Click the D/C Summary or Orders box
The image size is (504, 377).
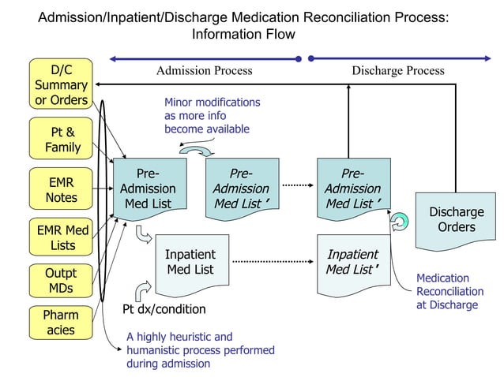coord(61,84)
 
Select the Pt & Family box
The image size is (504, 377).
coord(61,140)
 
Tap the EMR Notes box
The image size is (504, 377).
coord(61,189)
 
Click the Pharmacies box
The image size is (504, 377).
coord(61,323)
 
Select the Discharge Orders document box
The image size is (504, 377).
coord(456,220)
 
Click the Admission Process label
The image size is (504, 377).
coord(204,71)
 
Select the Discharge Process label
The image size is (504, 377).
coord(397,71)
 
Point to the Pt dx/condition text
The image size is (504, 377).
coord(164,309)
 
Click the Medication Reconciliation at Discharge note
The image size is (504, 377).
coord(449,291)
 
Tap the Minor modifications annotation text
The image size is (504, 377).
coord(212,115)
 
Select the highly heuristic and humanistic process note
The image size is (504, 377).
coord(200,350)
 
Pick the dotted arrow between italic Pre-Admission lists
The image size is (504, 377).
coord(297,185)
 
